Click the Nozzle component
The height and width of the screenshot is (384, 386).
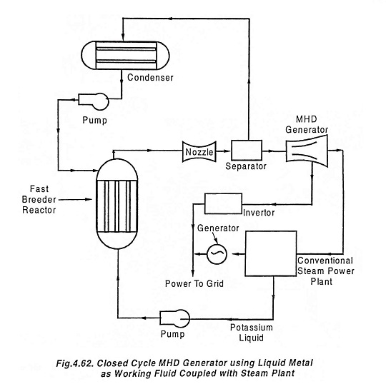(x=199, y=152)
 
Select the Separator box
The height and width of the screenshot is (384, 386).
(x=247, y=150)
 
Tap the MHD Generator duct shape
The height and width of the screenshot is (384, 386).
(x=307, y=151)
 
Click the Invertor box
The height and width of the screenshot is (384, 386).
(x=223, y=203)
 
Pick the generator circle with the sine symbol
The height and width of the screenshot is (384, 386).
(x=217, y=254)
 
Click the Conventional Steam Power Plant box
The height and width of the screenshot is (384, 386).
(x=271, y=253)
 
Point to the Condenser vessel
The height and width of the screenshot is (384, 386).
(x=125, y=55)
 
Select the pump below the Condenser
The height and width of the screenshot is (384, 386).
(x=94, y=101)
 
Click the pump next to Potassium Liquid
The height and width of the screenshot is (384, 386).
(x=175, y=318)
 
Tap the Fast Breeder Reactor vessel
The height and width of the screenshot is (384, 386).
(x=117, y=204)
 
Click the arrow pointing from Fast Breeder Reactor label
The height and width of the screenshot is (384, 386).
(x=75, y=199)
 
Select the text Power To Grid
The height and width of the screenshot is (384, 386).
(x=194, y=283)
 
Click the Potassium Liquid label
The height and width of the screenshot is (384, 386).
(x=252, y=333)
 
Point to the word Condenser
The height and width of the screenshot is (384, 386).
(x=150, y=77)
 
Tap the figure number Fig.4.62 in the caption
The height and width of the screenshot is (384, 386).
(x=74, y=363)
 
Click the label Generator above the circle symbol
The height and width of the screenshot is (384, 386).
(x=218, y=228)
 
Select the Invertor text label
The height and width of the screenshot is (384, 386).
(x=259, y=213)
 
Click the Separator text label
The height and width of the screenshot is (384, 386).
(x=246, y=166)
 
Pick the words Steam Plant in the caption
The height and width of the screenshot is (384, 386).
(x=267, y=373)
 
